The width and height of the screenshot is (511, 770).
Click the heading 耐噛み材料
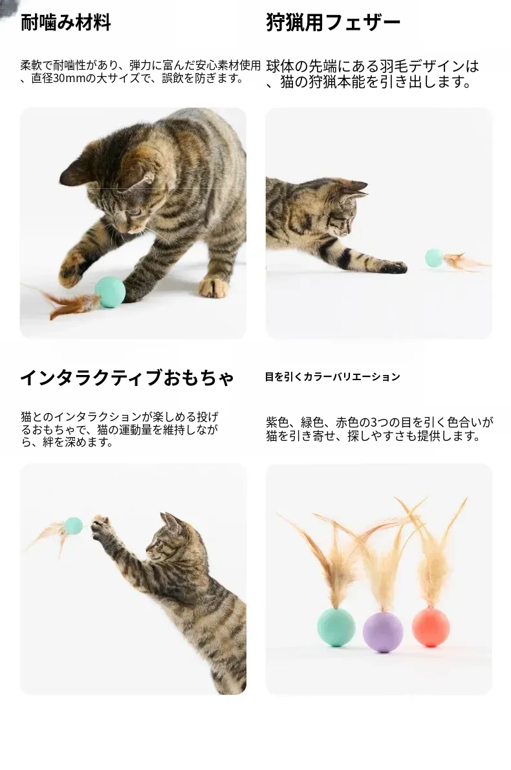[65, 23]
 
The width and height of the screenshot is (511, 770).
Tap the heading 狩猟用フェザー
[333, 23]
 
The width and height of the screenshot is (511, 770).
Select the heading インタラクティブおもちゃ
[127, 378]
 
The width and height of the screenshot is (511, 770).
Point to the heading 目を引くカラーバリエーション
[332, 377]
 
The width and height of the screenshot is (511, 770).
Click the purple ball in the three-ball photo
[383, 632]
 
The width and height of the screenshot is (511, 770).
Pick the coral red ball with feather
[429, 626]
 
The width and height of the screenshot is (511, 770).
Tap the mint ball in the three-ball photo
[337, 627]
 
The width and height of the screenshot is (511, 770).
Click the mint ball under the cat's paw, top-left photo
[111, 292]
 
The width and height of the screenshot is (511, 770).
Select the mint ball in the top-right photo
[434, 259]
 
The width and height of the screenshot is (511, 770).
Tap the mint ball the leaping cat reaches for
[74, 526]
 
